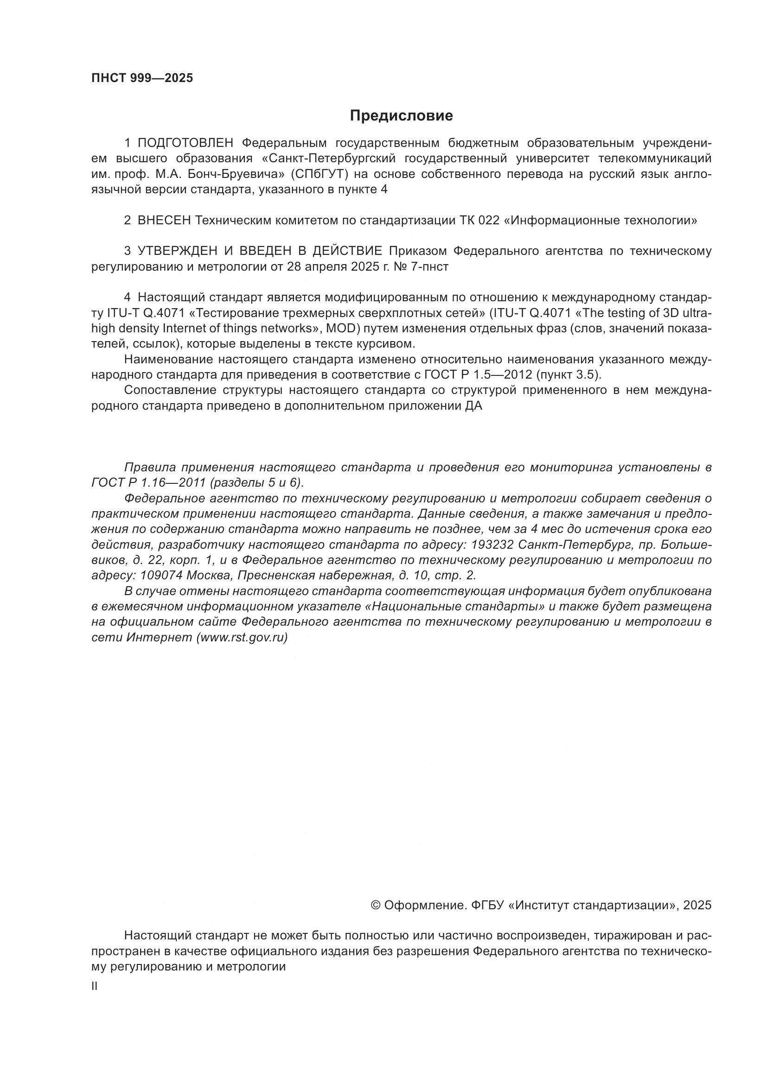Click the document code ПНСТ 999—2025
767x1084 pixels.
coord(142,78)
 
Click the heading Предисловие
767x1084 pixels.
coord(401,116)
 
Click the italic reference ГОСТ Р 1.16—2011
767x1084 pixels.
coord(149,483)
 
